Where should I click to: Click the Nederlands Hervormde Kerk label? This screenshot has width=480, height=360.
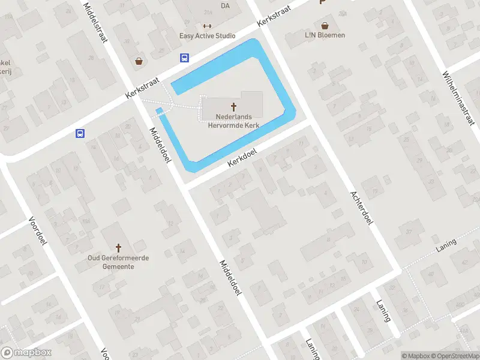pyautogui.click(x=234, y=121)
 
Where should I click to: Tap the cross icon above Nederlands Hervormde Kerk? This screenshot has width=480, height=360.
pyautogui.click(x=234, y=106)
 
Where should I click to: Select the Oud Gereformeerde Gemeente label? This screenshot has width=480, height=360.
pyautogui.click(x=119, y=262)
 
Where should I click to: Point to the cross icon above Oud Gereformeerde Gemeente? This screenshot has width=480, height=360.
pyautogui.click(x=119, y=247)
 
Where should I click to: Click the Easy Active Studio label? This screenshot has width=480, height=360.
pyautogui.click(x=208, y=36)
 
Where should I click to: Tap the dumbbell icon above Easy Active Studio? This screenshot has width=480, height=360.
pyautogui.click(x=208, y=25)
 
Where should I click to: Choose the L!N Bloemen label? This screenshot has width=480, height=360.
pyautogui.click(x=325, y=35)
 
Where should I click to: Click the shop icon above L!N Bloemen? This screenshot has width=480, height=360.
pyautogui.click(x=325, y=26)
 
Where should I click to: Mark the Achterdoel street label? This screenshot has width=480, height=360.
pyautogui.click(x=361, y=208)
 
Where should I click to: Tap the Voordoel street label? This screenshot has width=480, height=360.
pyautogui.click(x=37, y=231)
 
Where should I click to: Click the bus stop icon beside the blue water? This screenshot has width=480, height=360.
pyautogui.click(x=184, y=58)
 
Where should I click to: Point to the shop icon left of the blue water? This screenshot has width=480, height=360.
pyautogui.click(x=139, y=61)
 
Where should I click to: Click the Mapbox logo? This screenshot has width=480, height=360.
pyautogui.click(x=26, y=353)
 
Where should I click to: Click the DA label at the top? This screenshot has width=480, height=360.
pyautogui.click(x=226, y=6)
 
